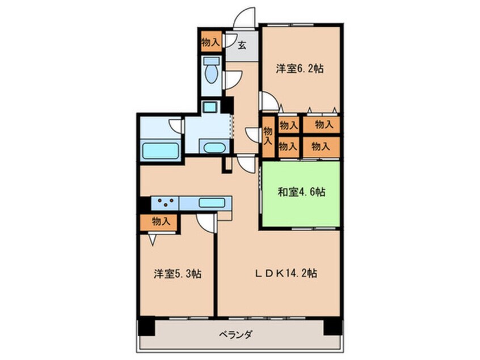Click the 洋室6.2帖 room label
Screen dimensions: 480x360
pos(300,68)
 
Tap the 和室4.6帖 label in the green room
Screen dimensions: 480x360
pos(301,192)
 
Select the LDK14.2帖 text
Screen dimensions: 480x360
pos(286,273)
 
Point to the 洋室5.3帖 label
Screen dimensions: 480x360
pos(178,274)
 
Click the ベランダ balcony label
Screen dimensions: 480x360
pos(235,334)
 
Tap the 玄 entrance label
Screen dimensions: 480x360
pos(242,45)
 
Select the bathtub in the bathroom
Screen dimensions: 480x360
pos(161,150)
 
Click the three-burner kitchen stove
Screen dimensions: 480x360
pos(165,203)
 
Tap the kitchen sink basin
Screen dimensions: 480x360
pos(212,203)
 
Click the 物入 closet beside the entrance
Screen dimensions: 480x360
pos(211,41)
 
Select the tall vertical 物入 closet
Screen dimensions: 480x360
pos(268,136)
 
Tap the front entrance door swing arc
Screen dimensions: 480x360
pos(245,17)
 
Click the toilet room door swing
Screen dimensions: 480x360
pos(233,79)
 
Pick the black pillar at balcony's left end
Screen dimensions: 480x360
pos(146,326)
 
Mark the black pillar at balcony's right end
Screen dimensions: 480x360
pos(332,326)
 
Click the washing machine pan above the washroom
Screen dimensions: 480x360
pos(210,107)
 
